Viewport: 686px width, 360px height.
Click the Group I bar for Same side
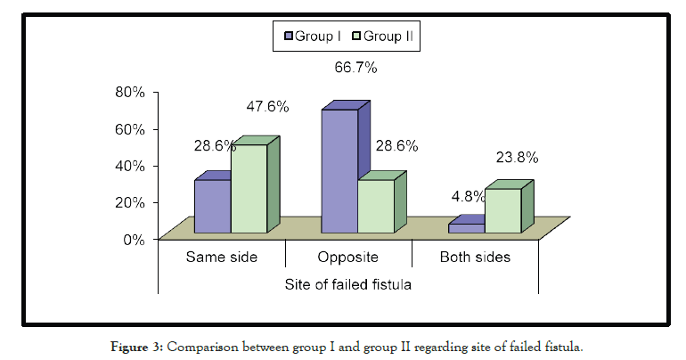pos(212,206)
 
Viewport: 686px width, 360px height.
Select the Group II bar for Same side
pos(249,188)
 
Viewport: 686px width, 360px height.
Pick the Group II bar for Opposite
pos(375,206)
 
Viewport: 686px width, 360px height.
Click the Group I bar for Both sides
pos(466,228)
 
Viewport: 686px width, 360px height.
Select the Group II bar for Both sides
pos(502,210)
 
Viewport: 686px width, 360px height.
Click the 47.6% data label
pos(266,107)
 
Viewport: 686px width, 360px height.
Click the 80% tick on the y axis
pos(130,92)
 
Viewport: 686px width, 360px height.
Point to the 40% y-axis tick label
pos(130,165)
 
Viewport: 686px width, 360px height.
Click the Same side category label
pos(222,258)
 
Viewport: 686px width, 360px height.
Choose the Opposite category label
pos(348,258)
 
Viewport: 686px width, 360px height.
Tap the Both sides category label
pos(475,258)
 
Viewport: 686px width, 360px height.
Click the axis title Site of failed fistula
pos(348,283)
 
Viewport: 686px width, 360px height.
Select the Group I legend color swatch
pos(289,37)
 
